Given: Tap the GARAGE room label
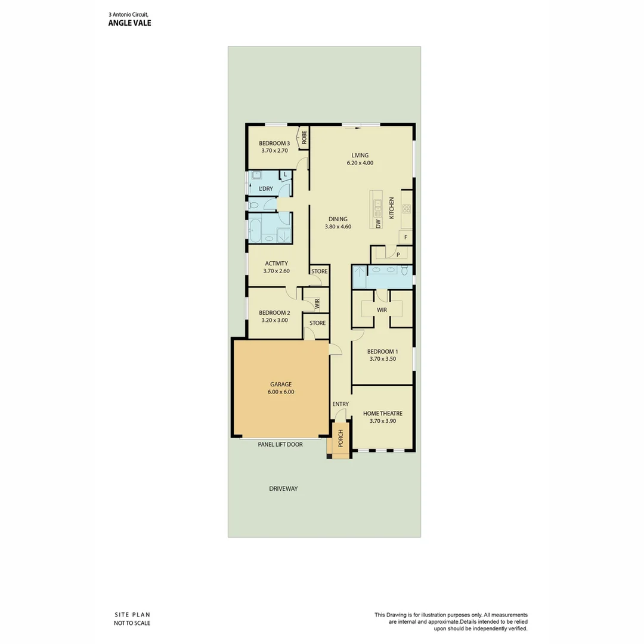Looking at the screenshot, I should pyautogui.click(x=281, y=385).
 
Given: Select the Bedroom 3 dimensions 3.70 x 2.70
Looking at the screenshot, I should pyautogui.click(x=274, y=151).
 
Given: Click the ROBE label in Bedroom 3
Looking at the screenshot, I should pyautogui.click(x=304, y=138).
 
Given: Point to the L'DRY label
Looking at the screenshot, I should pyautogui.click(x=266, y=189).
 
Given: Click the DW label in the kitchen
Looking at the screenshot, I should pyautogui.click(x=378, y=224).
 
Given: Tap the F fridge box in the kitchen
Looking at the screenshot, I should pyautogui.click(x=406, y=237).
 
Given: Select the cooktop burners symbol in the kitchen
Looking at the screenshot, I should pyautogui.click(x=407, y=209).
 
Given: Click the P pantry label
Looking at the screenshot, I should pyautogui.click(x=398, y=255).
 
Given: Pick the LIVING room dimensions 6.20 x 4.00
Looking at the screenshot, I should pyautogui.click(x=360, y=163).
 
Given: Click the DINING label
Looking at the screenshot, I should pyautogui.click(x=338, y=219).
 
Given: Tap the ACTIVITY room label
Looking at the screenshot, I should pyautogui.click(x=276, y=263).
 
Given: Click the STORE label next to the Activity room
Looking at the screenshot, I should pyautogui.click(x=319, y=271).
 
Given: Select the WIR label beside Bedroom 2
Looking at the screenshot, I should pyautogui.click(x=317, y=304).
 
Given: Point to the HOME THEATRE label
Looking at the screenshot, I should pyautogui.click(x=383, y=413).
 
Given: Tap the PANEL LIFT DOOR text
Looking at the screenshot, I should pyautogui.click(x=280, y=444).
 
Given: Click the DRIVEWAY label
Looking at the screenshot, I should pyautogui.click(x=283, y=488).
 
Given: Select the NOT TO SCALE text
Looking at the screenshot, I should pyautogui.click(x=132, y=623).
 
